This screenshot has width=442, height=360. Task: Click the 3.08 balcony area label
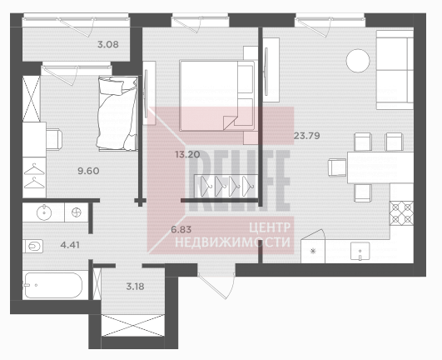point(108,44)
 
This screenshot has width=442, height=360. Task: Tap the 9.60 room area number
point(88,171)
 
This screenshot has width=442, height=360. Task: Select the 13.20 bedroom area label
point(187,154)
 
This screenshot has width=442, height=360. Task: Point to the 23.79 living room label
point(307,136)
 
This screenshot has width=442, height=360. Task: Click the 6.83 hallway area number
point(181,229)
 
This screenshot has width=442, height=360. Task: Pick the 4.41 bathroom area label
point(70,245)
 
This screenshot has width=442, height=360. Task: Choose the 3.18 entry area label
point(136,287)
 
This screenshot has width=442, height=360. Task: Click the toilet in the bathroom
point(33,247)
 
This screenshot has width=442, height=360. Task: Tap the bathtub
point(52,285)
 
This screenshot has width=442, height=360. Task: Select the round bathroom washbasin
point(44,212)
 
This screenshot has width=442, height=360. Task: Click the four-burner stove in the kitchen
point(402,213)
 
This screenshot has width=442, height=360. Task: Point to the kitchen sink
point(360,251)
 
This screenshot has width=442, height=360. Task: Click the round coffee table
point(358,61)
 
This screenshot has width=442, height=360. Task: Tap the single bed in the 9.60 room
point(117,112)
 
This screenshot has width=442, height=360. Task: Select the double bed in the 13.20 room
point(217,96)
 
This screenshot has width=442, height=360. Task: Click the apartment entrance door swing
point(217,286)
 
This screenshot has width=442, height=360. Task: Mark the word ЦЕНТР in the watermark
point(270,227)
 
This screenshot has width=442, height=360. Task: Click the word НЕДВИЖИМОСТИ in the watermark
point(232,242)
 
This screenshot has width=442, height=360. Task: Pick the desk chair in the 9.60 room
point(54,139)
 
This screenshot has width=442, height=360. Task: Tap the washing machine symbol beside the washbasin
point(76,212)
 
